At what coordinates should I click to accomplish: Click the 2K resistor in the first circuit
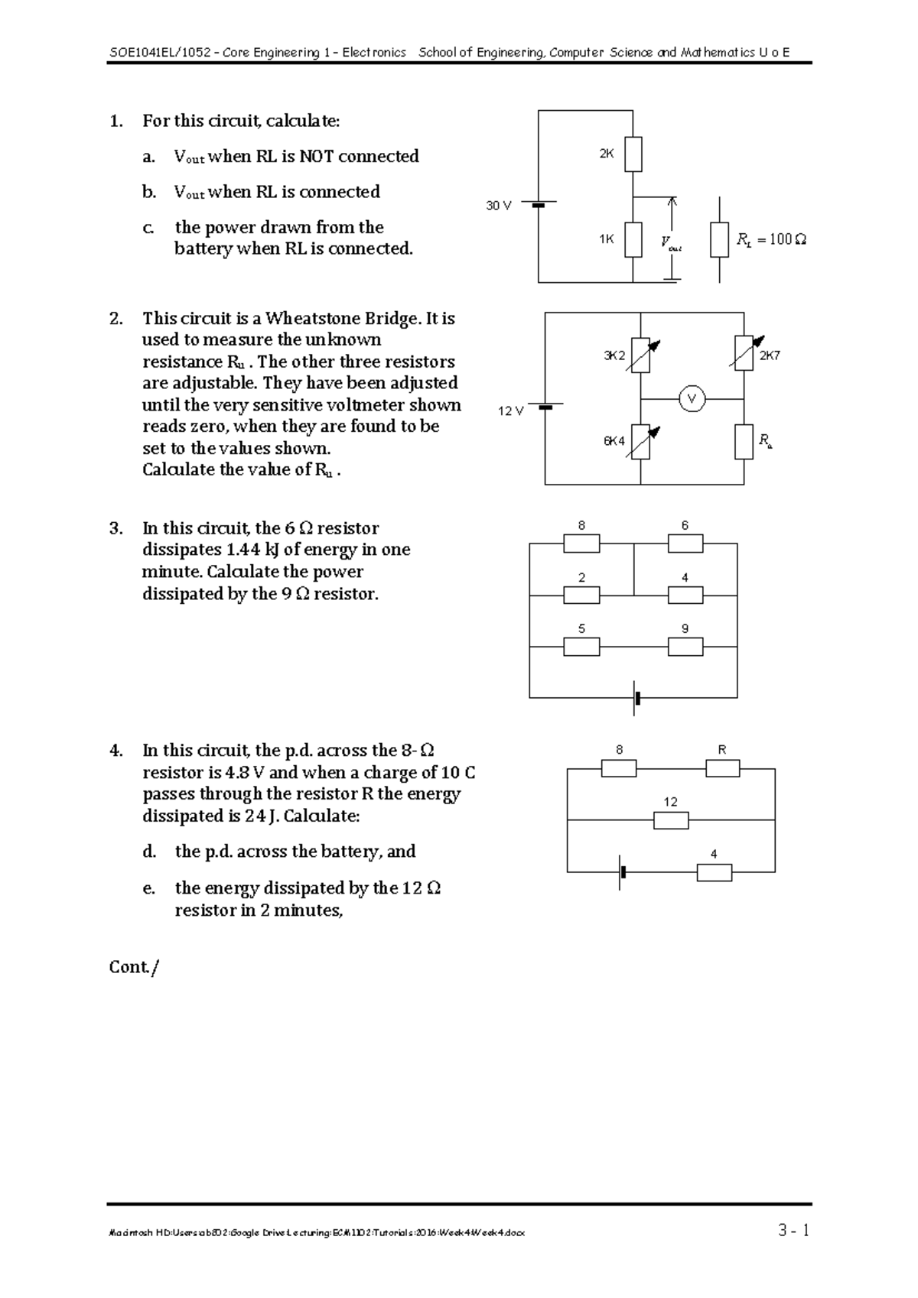point(633,154)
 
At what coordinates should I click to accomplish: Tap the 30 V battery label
point(498,206)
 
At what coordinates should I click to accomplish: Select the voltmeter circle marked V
point(692,399)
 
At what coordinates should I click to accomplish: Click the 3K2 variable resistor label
point(614,355)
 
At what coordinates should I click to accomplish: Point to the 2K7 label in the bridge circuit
point(769,355)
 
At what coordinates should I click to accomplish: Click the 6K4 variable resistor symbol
point(641,443)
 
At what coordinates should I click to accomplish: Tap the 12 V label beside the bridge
point(510,411)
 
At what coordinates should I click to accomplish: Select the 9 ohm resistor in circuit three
point(685,647)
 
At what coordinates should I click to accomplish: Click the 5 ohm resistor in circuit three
point(581,647)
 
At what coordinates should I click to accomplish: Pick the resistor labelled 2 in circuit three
point(581,595)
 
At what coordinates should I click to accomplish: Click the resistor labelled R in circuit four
point(722,768)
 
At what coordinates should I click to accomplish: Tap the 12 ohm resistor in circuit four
point(671,820)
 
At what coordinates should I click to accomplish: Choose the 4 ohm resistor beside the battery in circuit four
point(714,872)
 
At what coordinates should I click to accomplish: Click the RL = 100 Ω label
point(771,240)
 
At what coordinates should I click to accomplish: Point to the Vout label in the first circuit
point(671,243)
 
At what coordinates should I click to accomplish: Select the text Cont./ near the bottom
point(135,967)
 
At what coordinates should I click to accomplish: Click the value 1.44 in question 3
point(244,550)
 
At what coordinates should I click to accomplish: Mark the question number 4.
point(116,751)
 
